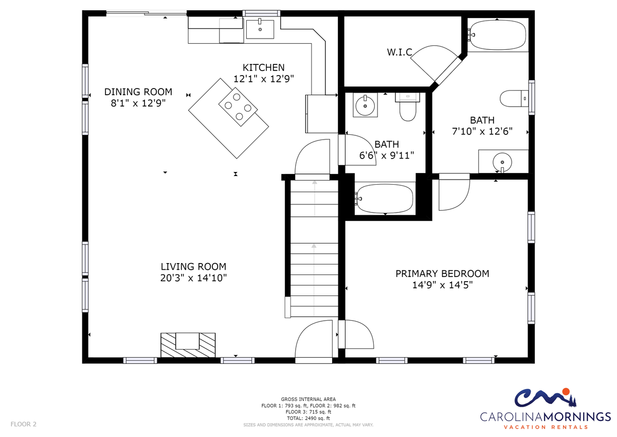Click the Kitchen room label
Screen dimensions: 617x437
click(x=264, y=67)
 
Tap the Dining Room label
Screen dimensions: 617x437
click(x=138, y=92)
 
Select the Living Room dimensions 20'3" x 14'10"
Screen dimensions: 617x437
click(x=193, y=278)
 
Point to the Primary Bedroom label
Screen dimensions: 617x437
click(x=442, y=274)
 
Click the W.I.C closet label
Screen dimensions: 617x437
click(x=400, y=52)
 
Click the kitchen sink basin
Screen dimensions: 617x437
click(x=260, y=29)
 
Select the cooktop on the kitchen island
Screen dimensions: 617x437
click(x=238, y=107)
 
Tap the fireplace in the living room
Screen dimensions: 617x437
click(x=188, y=345)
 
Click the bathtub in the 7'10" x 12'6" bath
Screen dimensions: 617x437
click(x=498, y=35)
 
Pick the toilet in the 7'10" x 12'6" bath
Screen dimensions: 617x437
click(x=514, y=98)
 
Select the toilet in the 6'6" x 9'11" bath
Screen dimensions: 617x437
click(x=408, y=107)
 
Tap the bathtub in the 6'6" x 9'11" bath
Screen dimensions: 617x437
click(x=384, y=199)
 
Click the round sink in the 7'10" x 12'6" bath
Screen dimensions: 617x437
click(x=502, y=162)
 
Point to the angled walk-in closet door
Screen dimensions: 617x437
click(x=448, y=71)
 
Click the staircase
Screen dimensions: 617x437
click(x=314, y=249)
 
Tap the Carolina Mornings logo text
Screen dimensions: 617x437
click(x=546, y=416)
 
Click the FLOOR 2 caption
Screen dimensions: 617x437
click(x=24, y=424)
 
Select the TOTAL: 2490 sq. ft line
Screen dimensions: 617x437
click(x=308, y=418)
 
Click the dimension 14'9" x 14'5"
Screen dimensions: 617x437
click(x=442, y=285)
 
